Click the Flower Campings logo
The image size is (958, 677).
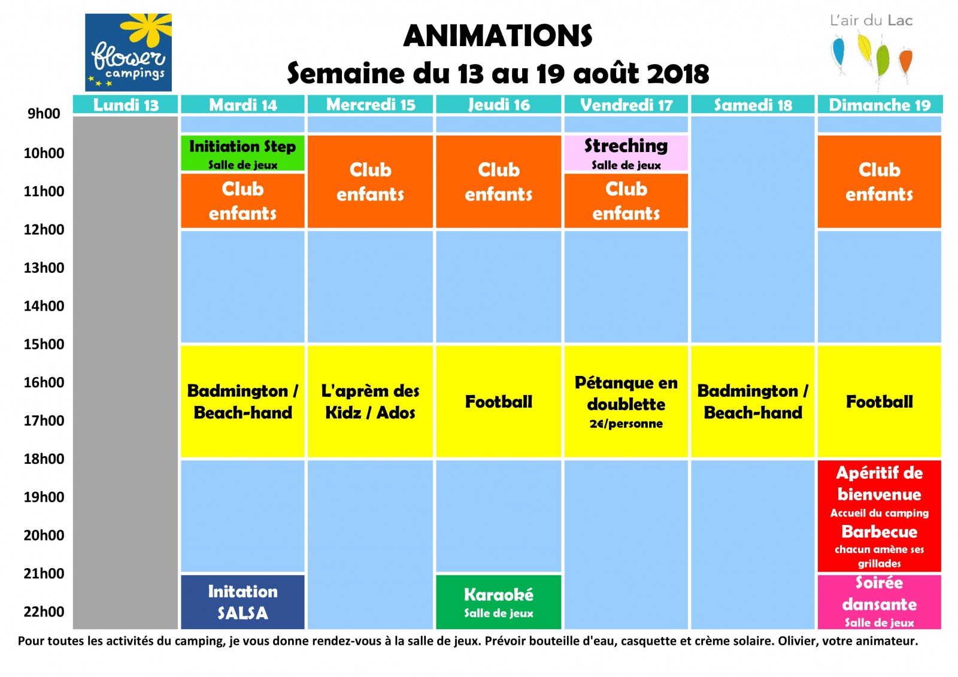click(x=128, y=52)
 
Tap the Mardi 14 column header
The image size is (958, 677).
click(x=242, y=105)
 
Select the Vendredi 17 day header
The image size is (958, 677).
click(x=626, y=105)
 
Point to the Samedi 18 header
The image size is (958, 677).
click(x=753, y=105)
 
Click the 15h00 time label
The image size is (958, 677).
click(x=44, y=344)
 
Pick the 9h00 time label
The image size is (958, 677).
click(x=44, y=114)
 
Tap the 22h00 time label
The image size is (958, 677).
click(x=44, y=612)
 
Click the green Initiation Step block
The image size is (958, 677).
click(x=242, y=153)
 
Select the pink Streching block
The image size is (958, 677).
click(x=626, y=153)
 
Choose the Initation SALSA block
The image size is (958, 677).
click(x=242, y=602)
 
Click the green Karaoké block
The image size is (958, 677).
click(x=498, y=602)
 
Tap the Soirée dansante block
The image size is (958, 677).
click(x=880, y=602)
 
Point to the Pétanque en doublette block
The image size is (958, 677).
click(x=626, y=402)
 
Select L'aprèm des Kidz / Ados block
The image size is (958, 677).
click(x=370, y=402)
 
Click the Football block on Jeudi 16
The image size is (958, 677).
click(x=498, y=402)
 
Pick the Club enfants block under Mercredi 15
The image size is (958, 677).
click(x=370, y=182)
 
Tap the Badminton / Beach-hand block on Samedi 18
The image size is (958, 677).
click(x=753, y=402)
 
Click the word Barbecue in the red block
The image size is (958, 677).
click(x=880, y=532)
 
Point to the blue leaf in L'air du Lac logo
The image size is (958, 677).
click(x=839, y=52)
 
